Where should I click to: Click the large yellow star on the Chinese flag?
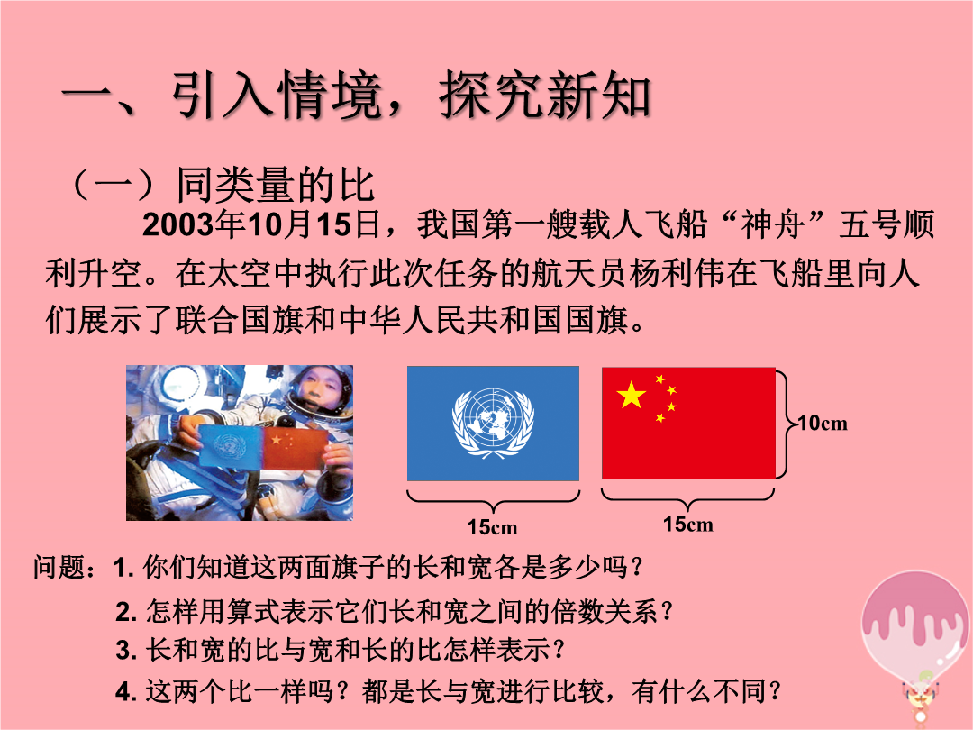(x=631, y=395)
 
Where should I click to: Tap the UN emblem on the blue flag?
(x=494, y=423)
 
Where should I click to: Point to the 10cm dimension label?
(x=823, y=424)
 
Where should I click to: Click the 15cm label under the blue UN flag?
(x=492, y=527)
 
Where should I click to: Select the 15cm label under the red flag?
(x=687, y=525)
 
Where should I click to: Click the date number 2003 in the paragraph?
(x=177, y=224)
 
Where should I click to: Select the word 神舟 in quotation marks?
(x=772, y=224)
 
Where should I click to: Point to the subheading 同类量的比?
(x=276, y=185)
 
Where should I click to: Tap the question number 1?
(x=123, y=568)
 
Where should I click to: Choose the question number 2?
(x=126, y=613)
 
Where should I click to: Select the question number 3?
(x=126, y=652)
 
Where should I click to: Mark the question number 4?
(x=126, y=692)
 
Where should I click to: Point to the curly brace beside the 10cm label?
(x=786, y=424)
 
